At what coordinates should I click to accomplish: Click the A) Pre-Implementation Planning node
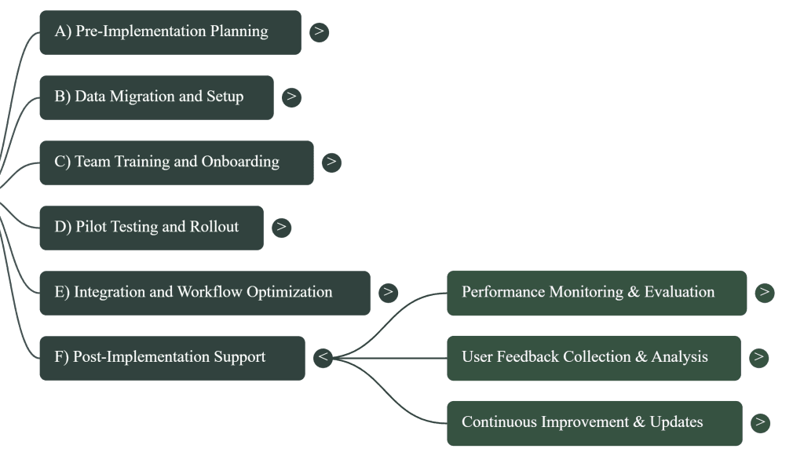tap(170, 32)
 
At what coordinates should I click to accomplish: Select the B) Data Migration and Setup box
tap(156, 97)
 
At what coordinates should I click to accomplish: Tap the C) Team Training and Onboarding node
tap(176, 162)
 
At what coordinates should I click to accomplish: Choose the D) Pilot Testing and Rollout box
tap(151, 228)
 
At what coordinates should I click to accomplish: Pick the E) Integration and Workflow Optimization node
tap(204, 293)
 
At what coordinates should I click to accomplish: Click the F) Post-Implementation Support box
tap(171, 358)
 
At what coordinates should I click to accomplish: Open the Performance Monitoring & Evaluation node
tap(596, 293)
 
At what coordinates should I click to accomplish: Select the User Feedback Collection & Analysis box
tap(593, 358)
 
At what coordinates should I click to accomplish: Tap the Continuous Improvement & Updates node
tap(594, 422)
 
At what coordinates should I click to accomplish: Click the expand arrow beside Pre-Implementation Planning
tap(319, 32)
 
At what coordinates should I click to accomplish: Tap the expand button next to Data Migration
tap(291, 97)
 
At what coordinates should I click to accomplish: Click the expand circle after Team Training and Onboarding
tap(331, 162)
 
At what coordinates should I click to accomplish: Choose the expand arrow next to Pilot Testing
tap(281, 228)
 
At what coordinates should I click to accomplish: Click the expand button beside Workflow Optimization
tap(388, 293)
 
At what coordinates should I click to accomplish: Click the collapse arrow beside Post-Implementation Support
tap(323, 358)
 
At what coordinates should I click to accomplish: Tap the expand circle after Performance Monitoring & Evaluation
tap(764, 293)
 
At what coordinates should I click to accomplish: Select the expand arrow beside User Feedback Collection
tap(758, 358)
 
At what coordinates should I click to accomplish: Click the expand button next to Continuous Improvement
tap(759, 422)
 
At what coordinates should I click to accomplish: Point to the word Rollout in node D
tap(214, 228)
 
